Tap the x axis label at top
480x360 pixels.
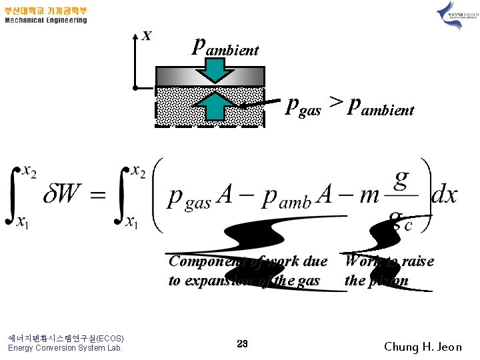(147, 35)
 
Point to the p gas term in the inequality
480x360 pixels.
(303, 107)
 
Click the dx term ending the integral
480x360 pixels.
(444, 195)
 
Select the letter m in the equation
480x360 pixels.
(369, 195)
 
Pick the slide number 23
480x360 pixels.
(242, 343)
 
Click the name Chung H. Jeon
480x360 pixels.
(423, 347)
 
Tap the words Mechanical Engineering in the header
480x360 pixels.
(46, 21)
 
